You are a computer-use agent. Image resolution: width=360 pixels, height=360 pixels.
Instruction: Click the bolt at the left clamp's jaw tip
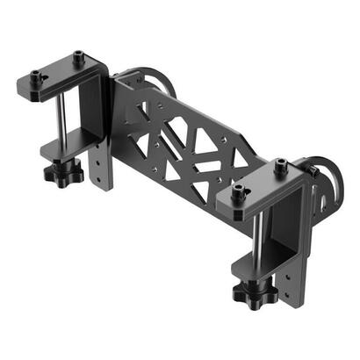(x=37, y=75)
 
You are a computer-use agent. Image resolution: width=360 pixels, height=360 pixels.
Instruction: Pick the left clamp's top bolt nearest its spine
(x=77, y=56)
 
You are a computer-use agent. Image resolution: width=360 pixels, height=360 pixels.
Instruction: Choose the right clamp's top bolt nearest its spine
(x=280, y=164)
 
